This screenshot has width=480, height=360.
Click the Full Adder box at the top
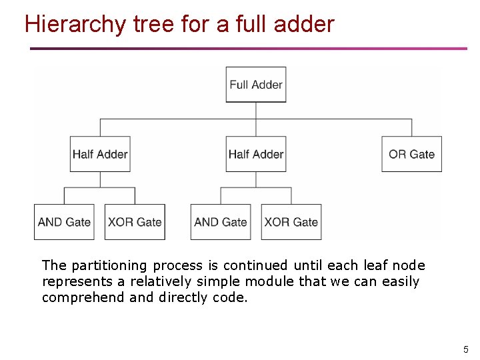pyautogui.click(x=256, y=85)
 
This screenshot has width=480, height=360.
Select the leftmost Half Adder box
pyautogui.click(x=100, y=154)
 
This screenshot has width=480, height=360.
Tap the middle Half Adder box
pyautogui.click(x=256, y=154)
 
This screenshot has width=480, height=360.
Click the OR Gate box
pyautogui.click(x=411, y=154)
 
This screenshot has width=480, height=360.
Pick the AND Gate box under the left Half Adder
pyautogui.click(x=64, y=222)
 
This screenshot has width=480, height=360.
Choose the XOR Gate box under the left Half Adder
pyautogui.click(x=135, y=222)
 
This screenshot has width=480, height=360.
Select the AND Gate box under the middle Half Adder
pyautogui.click(x=221, y=222)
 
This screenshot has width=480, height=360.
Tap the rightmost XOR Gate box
pyautogui.click(x=291, y=222)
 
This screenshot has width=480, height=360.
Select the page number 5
pyautogui.click(x=466, y=349)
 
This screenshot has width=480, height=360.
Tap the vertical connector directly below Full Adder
pyautogui.click(x=256, y=111)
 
